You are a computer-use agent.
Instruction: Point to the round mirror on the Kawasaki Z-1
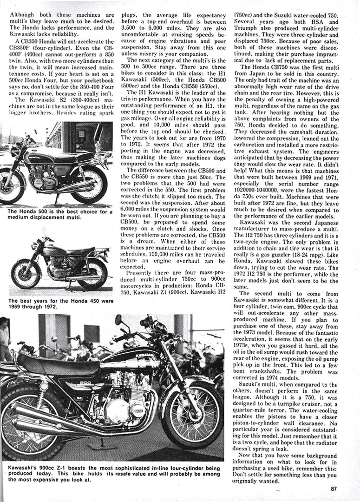[x=118, y=320]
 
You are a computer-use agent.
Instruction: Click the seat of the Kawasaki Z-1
[x=58, y=364]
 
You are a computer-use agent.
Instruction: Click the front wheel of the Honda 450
[x=26, y=274]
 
